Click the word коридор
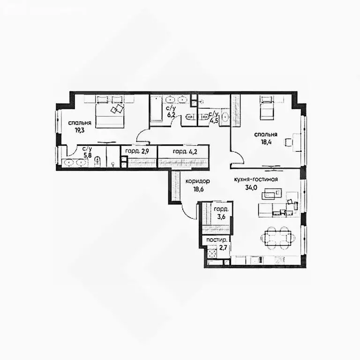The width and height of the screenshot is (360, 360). click(x=197, y=181)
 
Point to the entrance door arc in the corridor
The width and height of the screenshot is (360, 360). click(x=189, y=212)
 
